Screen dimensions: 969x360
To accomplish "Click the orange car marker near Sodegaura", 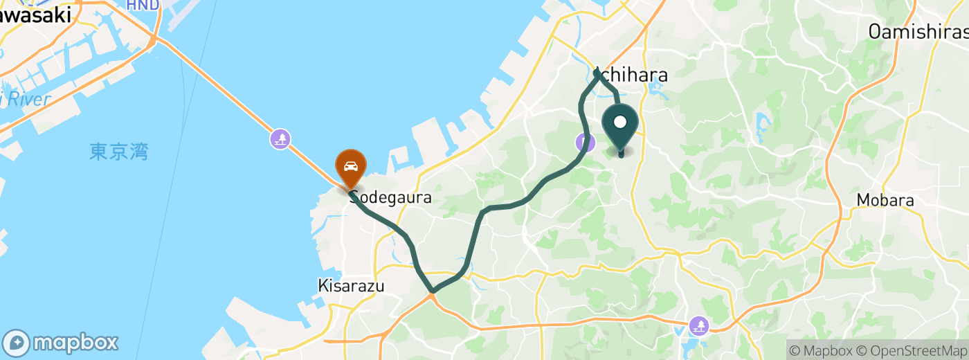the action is click(x=351, y=167).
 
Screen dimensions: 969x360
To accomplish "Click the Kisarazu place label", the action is click(x=351, y=285).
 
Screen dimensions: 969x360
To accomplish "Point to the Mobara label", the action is click(x=885, y=201).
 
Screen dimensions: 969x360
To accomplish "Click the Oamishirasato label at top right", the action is click(x=918, y=31).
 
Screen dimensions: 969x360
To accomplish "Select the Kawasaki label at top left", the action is click(x=35, y=15).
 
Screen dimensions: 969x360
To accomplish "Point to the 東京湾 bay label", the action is click(x=119, y=152).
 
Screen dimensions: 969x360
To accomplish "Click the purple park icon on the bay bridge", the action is click(x=280, y=139).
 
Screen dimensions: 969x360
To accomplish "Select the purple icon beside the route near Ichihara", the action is click(x=585, y=143).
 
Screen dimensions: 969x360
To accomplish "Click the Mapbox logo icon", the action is click(x=17, y=343).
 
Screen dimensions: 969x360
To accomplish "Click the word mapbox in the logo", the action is click(x=76, y=343).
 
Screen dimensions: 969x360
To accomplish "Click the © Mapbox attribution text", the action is click(x=820, y=351).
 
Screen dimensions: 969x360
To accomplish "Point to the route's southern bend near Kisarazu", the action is click(x=432, y=291).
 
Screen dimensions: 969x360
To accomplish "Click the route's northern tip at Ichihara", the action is click(x=597, y=70).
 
